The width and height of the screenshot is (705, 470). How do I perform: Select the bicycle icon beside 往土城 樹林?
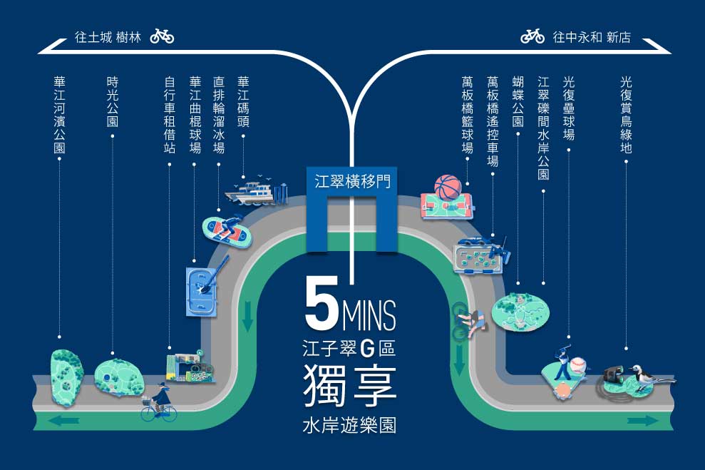(x=162, y=36)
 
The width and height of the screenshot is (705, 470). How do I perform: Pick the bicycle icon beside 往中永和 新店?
(x=532, y=36)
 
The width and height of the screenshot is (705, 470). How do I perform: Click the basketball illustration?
(x=448, y=186)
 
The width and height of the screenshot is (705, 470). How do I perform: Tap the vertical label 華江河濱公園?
(x=59, y=115)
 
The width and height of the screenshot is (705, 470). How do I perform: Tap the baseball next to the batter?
(x=578, y=364)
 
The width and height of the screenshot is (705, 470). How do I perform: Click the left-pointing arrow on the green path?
(x=63, y=421)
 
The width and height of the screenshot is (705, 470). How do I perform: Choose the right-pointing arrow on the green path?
(x=642, y=421)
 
